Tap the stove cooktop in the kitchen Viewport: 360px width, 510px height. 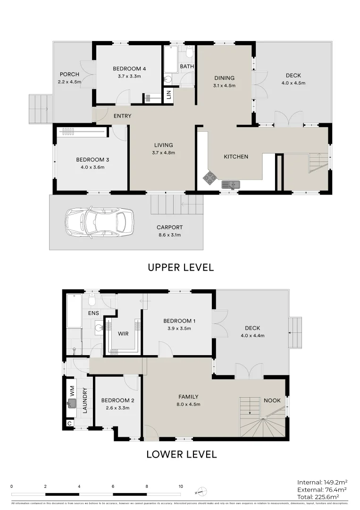210,178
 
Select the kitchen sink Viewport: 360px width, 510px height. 230,184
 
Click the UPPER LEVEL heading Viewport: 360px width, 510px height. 181,267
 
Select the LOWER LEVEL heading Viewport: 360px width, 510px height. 181,455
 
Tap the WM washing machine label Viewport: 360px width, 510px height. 72,390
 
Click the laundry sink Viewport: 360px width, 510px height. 72,403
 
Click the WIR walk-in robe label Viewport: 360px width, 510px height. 123,333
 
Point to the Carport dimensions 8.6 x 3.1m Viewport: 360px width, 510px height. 169,235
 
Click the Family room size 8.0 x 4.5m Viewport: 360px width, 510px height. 188,404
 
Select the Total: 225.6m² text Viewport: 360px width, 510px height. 322,496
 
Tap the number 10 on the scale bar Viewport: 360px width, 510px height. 181,486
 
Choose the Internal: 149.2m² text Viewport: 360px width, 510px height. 322,482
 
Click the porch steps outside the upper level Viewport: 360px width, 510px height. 39,108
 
